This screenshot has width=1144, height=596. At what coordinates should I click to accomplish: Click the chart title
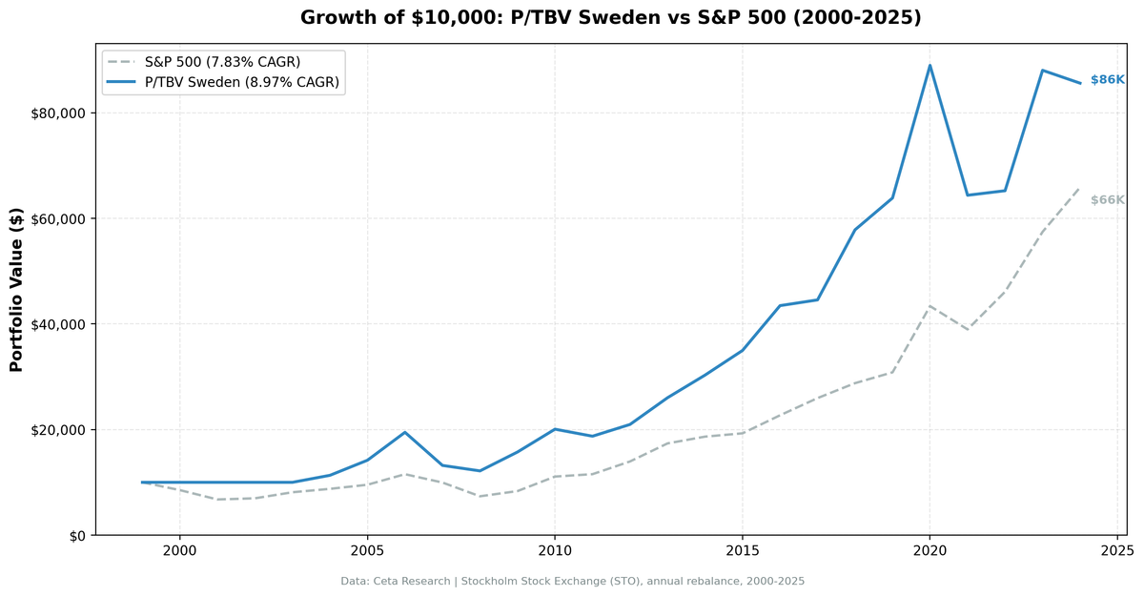[610, 18]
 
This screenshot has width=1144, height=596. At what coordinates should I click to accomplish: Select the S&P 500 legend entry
[222, 62]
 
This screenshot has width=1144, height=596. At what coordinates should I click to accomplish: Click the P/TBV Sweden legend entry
[242, 82]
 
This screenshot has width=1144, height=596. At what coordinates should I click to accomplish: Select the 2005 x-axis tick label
[367, 552]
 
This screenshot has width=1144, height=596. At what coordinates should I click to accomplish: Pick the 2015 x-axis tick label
[742, 552]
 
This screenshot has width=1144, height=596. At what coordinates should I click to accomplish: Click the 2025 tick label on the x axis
[1116, 552]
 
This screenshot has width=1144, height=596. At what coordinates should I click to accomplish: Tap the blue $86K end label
[1107, 80]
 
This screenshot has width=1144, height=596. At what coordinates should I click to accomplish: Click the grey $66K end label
[1107, 200]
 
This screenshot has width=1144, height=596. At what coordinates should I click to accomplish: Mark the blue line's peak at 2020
[929, 66]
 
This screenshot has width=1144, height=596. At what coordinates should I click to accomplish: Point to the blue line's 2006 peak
[405, 432]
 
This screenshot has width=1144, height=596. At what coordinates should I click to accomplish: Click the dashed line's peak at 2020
[929, 306]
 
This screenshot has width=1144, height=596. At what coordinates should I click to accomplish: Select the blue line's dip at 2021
[967, 195]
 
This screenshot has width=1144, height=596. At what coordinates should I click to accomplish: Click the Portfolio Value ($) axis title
[16, 290]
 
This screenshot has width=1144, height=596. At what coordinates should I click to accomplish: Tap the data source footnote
[572, 581]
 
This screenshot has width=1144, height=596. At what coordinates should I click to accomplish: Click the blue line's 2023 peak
[1042, 71]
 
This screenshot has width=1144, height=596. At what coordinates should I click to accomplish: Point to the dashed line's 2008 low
[480, 496]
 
